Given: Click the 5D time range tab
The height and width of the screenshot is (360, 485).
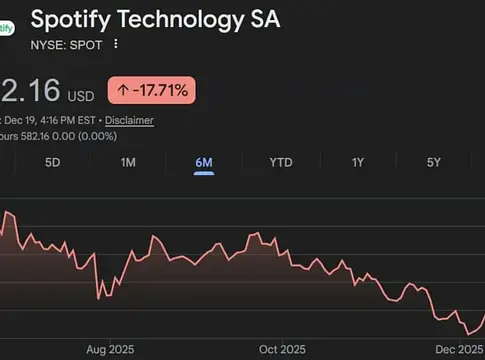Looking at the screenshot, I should (53, 161).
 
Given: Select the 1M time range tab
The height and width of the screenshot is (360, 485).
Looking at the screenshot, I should (128, 161).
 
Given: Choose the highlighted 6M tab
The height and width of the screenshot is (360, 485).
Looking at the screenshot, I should (204, 161).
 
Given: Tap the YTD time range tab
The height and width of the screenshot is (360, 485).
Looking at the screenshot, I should (281, 161).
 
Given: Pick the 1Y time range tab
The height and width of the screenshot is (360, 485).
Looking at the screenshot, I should (358, 161).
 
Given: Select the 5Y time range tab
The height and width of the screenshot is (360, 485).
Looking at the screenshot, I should (434, 161).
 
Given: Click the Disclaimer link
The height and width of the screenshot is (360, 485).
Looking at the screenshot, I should (129, 120).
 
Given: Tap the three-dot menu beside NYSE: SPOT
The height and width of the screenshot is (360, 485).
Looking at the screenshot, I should (116, 44).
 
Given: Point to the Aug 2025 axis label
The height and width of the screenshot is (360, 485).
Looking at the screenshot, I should (109, 349).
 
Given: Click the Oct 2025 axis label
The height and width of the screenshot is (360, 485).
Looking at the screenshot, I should (282, 349).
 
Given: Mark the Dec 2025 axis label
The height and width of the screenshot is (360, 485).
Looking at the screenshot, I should (456, 349).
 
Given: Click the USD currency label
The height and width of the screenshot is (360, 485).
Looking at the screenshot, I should (80, 96).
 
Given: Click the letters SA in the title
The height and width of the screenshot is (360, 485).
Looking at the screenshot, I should (263, 18).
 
